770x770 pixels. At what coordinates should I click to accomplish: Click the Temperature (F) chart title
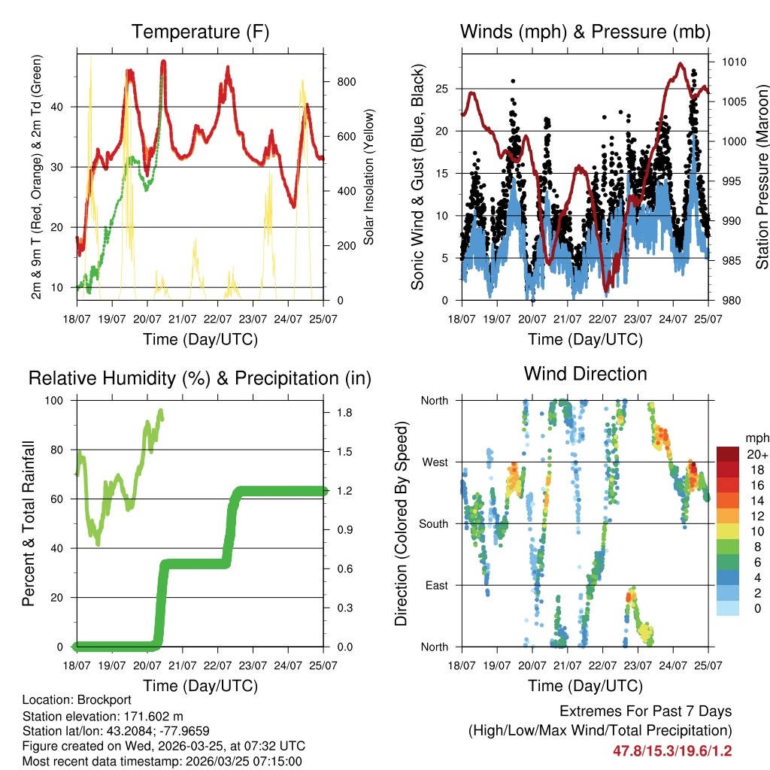point(200,32)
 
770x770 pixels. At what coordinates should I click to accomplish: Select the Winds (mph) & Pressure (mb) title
point(585,32)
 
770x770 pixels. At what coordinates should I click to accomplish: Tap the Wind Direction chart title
point(585,374)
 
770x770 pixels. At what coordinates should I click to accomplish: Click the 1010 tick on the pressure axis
point(733,62)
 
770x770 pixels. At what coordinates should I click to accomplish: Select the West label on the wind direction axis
point(434,462)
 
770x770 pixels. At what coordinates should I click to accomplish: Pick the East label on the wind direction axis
point(436,585)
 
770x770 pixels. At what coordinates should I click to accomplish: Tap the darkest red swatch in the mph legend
point(728,454)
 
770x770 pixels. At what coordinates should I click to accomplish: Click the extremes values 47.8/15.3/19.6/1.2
point(672,750)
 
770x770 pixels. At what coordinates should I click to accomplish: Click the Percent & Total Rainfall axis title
point(29,523)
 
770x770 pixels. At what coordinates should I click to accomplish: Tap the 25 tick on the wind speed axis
point(441,89)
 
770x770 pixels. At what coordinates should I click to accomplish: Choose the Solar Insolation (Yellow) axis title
point(368,177)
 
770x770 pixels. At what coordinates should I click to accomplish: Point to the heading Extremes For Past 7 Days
point(645,711)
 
